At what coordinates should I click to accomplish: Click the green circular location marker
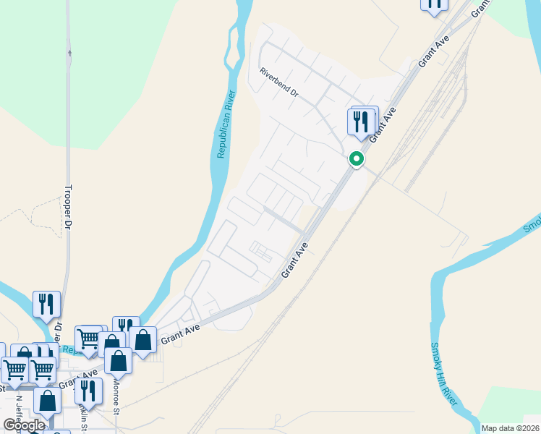356,158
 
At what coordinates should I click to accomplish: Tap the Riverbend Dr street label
278,82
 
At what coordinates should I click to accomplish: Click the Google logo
24,425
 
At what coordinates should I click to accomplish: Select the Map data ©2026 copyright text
510,428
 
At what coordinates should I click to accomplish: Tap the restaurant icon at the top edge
434,4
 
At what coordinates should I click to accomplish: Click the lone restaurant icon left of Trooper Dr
46,305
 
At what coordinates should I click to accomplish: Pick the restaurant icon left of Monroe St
88,391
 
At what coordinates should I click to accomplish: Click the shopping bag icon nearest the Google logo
48,402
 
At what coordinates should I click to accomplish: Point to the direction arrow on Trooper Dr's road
69,52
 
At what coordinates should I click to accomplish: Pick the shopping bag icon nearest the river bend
142,341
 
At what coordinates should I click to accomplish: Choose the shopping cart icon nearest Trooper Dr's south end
88,339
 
